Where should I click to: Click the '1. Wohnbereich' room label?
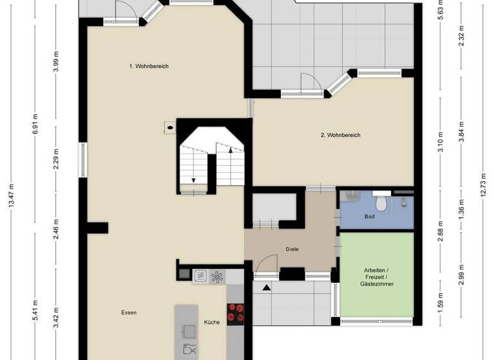click(149, 66)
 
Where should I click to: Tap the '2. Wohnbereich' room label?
click(340, 135)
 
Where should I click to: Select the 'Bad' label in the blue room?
click(369, 217)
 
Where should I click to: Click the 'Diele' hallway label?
click(293, 249)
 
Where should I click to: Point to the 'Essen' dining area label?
click(129, 313)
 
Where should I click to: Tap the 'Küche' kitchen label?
click(212, 322)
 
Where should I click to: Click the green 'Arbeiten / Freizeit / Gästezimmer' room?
click(376, 276)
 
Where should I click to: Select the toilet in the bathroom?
click(381, 203)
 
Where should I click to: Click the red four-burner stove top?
click(237, 311)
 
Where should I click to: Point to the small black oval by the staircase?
click(170, 127)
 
